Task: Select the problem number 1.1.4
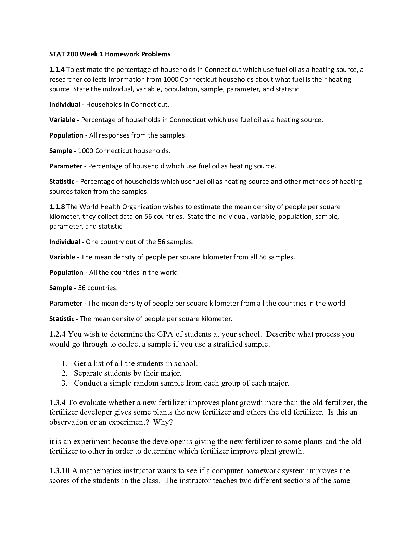point(57,70)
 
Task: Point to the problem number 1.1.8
point(57,207)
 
